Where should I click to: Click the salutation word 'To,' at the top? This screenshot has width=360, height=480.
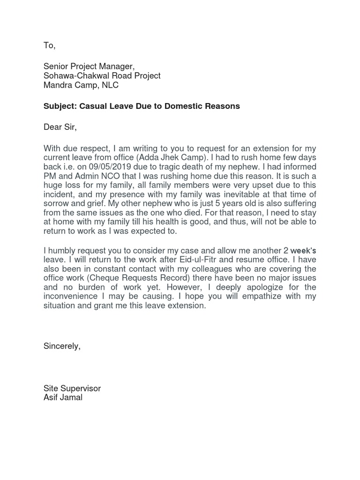point(49,45)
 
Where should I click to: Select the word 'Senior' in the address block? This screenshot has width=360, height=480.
point(55,67)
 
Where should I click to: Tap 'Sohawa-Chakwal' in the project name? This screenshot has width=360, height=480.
point(74,75)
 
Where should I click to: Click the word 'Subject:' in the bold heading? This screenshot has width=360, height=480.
point(60,106)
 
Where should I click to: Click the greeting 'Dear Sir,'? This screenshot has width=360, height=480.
point(60,127)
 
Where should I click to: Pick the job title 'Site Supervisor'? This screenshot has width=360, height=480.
point(72,389)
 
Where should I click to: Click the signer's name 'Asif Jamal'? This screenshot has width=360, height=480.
point(63,398)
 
